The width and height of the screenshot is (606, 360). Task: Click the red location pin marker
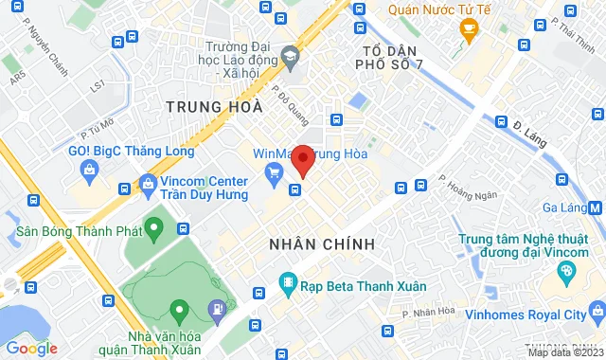coord(302,160)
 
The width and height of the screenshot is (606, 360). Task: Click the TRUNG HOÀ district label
coord(211,107)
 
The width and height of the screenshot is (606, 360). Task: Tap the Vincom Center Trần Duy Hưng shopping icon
coord(147,183)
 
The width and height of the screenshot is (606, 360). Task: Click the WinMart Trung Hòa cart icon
coord(274,171)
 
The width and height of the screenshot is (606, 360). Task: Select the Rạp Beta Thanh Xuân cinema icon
coord(288,284)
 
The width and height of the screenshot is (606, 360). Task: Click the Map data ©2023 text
coord(562,352)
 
